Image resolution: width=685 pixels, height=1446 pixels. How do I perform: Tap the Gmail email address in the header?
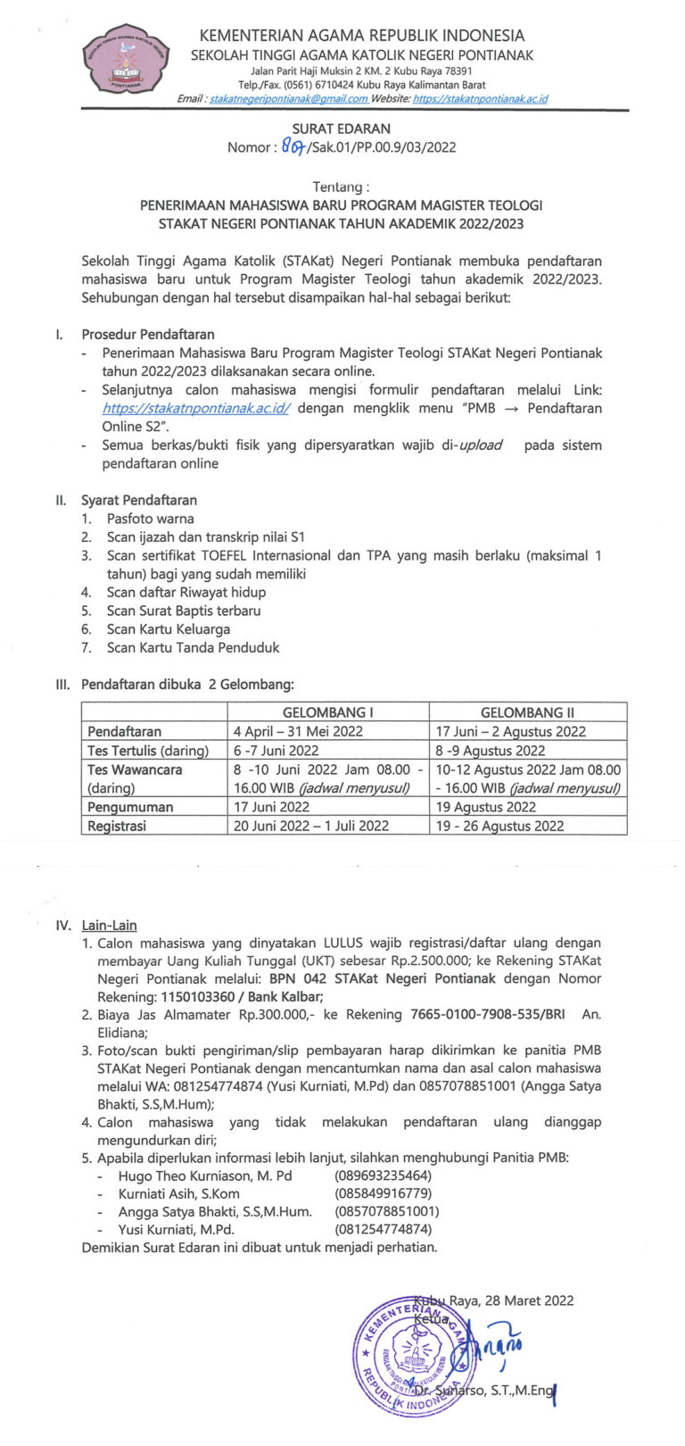(x=288, y=99)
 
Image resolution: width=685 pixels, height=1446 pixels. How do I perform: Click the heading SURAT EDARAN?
(x=342, y=129)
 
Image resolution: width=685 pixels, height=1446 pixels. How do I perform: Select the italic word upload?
(x=481, y=445)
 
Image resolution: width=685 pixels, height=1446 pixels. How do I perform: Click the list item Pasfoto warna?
(x=150, y=519)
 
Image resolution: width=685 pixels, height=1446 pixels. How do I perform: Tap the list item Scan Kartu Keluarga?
(x=168, y=629)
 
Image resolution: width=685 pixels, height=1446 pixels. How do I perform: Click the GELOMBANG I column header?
(x=328, y=712)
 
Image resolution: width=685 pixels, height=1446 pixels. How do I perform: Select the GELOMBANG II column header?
(x=527, y=712)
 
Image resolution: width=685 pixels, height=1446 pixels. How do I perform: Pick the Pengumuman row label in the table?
(x=130, y=807)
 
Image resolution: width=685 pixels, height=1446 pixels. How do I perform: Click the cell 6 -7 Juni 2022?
(x=276, y=751)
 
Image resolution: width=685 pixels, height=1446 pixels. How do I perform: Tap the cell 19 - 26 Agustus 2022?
(x=499, y=826)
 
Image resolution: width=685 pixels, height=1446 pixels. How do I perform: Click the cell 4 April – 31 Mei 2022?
(x=298, y=732)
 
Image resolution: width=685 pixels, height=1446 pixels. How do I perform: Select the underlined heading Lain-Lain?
(x=109, y=926)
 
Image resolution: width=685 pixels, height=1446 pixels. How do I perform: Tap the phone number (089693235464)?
(x=383, y=1176)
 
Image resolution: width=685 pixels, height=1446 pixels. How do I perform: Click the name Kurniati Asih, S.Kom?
(x=178, y=1193)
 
